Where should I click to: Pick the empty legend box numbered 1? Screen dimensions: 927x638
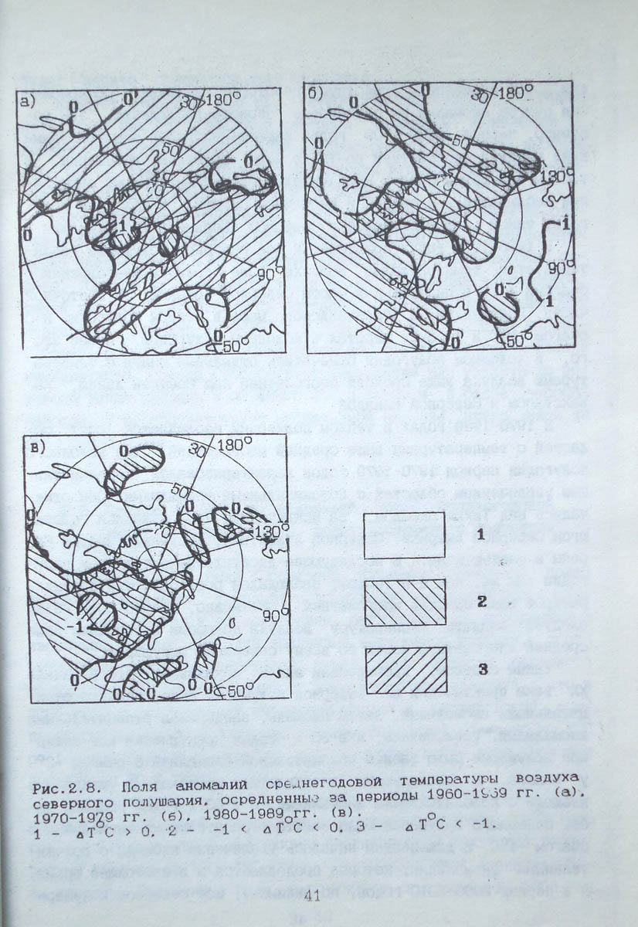click(x=404, y=535)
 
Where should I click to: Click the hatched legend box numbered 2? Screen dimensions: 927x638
click(x=404, y=601)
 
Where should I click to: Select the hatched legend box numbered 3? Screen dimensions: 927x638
click(x=404, y=669)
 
